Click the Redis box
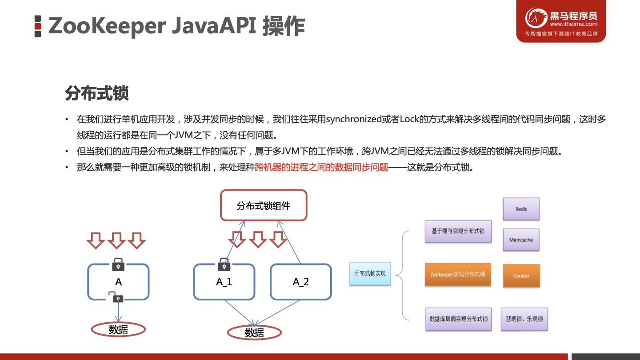[521, 209]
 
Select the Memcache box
[521, 240]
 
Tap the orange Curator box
[521, 276]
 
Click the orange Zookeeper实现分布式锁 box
[458, 274]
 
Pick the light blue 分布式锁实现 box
[370, 273]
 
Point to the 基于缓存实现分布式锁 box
[458, 231]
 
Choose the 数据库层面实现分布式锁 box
[458, 319]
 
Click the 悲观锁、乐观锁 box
[524, 319]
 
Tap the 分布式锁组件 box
[264, 205]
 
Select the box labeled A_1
[224, 282]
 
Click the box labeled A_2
[301, 282]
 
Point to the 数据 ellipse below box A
[118, 329]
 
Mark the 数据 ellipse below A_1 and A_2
[254, 332]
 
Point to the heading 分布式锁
[96, 94]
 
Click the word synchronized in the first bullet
[354, 120]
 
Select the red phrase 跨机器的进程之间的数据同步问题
[322, 168]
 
